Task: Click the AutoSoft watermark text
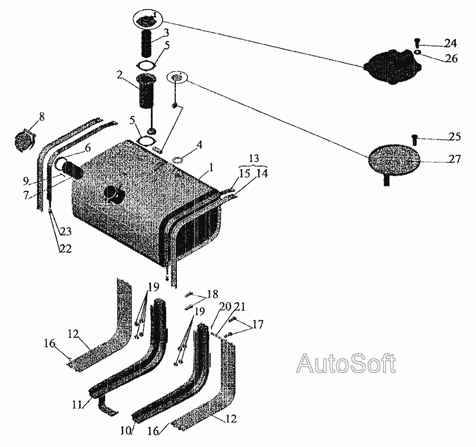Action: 346,365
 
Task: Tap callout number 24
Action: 450,43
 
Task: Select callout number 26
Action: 451,58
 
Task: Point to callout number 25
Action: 454,138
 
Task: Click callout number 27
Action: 453,160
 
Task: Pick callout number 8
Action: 41,116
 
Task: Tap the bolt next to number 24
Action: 417,42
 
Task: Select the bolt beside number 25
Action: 414,139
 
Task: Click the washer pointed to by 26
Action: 419,53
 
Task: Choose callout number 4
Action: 199,144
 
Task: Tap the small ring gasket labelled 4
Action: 178,159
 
